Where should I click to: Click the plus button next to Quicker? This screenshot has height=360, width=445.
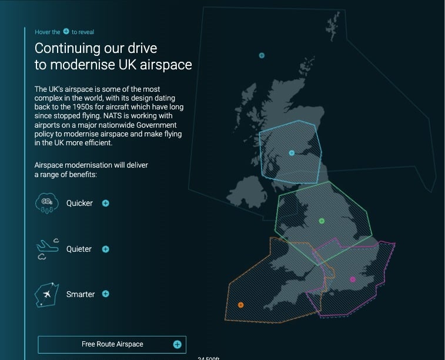click(106, 203)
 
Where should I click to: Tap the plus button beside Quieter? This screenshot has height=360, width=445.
click(106, 249)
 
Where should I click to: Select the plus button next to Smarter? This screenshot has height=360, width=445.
click(106, 294)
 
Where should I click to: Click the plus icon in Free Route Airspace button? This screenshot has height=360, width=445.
click(177, 344)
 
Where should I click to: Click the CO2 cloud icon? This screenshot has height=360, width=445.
click(47, 202)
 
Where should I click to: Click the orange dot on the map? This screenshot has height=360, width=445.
click(240, 305)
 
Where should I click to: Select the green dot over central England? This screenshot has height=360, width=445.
click(322, 221)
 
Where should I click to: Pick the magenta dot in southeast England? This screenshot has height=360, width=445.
click(353, 279)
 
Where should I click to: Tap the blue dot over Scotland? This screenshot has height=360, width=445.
click(292, 153)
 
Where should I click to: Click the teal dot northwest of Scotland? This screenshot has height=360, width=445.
click(262, 55)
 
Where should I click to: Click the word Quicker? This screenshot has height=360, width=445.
click(79, 203)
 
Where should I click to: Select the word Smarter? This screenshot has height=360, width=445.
click(81, 294)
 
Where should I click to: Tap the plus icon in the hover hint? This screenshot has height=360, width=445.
click(66, 31)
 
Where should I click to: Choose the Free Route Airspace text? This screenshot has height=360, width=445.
click(112, 344)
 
